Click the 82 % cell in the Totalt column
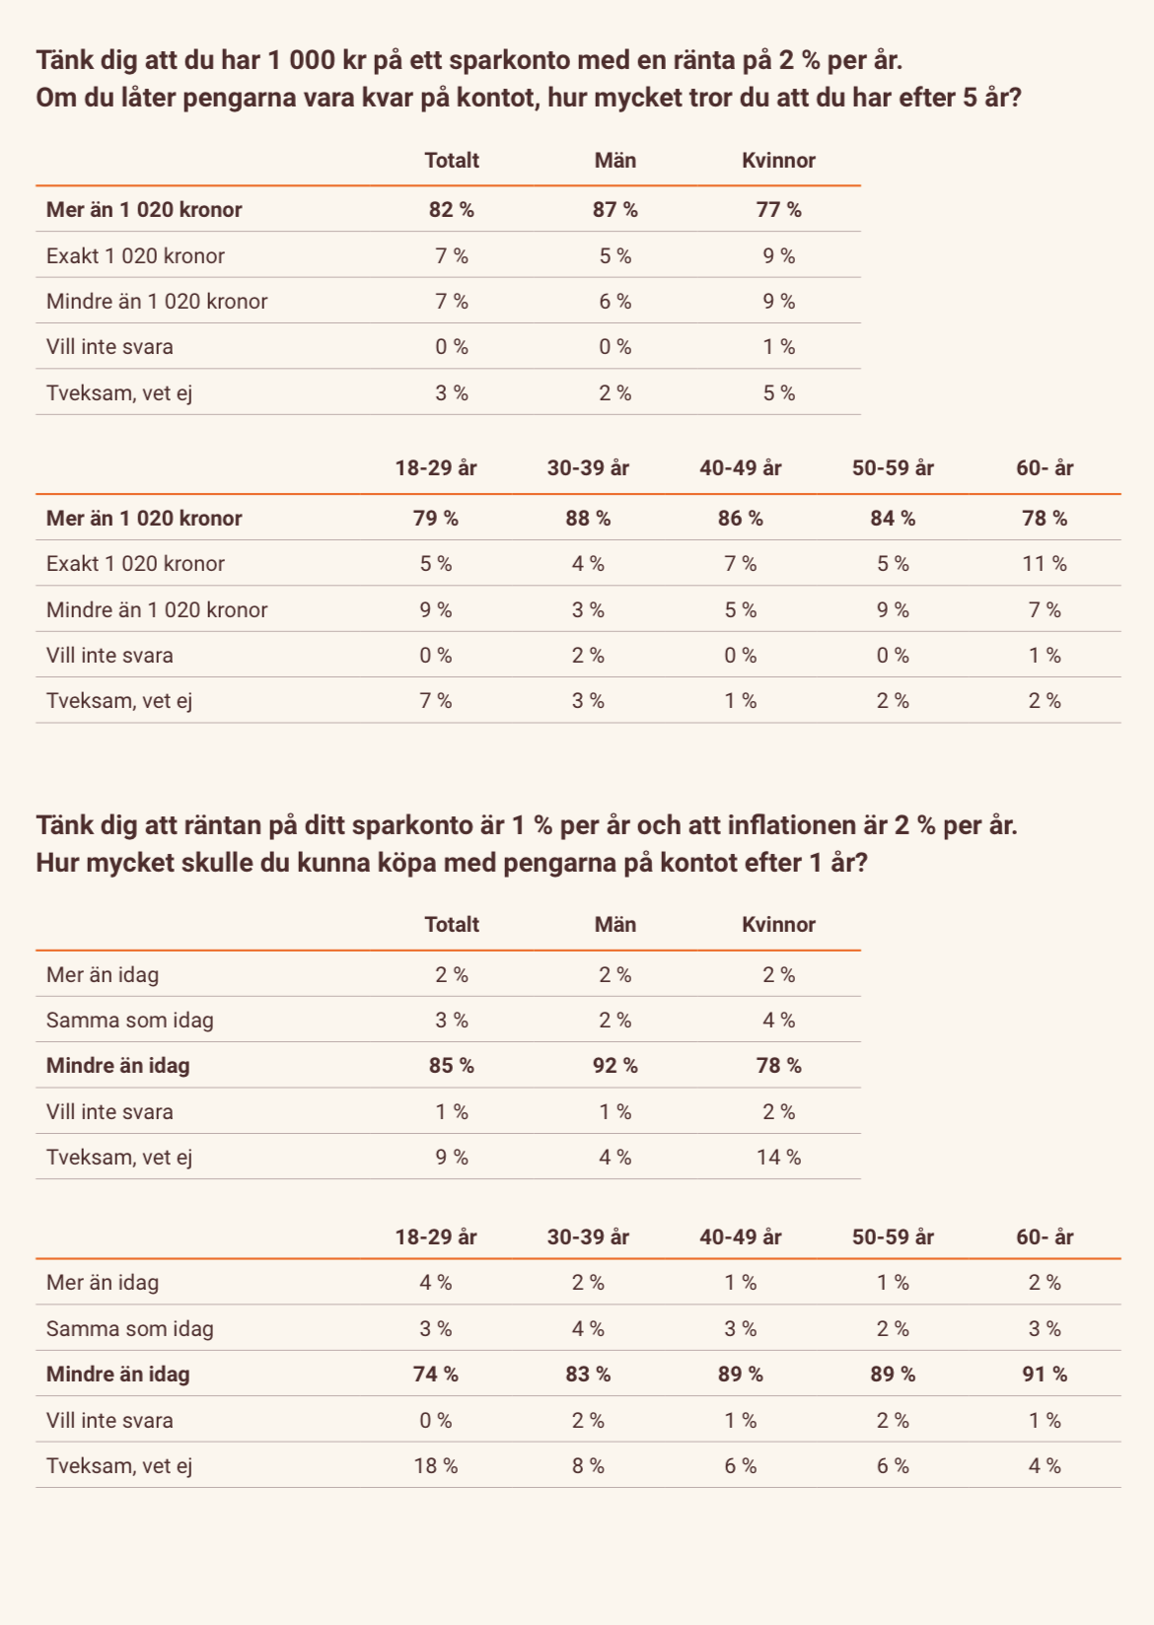(452, 210)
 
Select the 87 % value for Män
(615, 210)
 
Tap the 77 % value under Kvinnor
(778, 210)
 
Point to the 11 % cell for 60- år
(1045, 564)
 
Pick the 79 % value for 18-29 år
(436, 519)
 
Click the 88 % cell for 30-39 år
(588, 519)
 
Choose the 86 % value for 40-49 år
(741, 519)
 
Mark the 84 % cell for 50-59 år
(893, 519)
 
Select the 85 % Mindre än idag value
(452, 1066)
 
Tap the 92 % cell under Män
(615, 1066)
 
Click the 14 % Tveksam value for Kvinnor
(778, 1158)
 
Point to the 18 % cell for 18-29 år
(436, 1466)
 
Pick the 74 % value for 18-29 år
(436, 1375)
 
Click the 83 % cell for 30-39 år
(588, 1375)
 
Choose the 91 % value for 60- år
(1045, 1375)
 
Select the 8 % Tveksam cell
(588, 1466)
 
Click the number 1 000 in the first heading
(301, 61)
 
